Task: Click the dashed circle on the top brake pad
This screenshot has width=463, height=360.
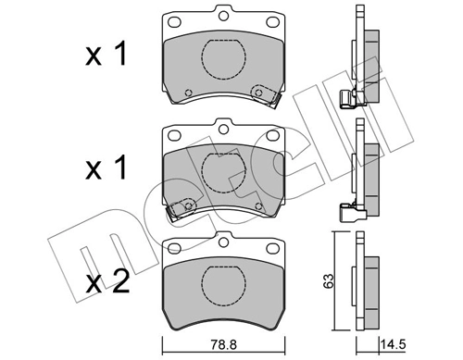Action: (x=221, y=64)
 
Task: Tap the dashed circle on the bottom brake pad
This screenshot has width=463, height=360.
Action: (x=221, y=277)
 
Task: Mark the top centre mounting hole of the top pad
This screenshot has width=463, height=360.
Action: (x=221, y=15)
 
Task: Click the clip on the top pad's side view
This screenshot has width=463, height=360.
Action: (x=350, y=98)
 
